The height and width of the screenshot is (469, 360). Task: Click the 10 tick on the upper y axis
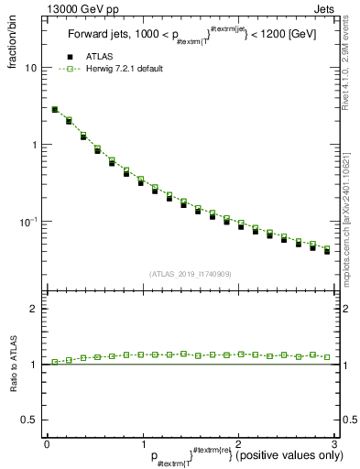click(31, 69)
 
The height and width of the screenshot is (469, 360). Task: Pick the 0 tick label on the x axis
click(47, 443)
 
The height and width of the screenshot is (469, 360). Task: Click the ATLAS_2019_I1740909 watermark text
click(190, 274)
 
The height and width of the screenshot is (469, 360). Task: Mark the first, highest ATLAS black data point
click(54, 110)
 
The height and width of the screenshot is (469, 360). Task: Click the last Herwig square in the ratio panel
click(327, 357)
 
